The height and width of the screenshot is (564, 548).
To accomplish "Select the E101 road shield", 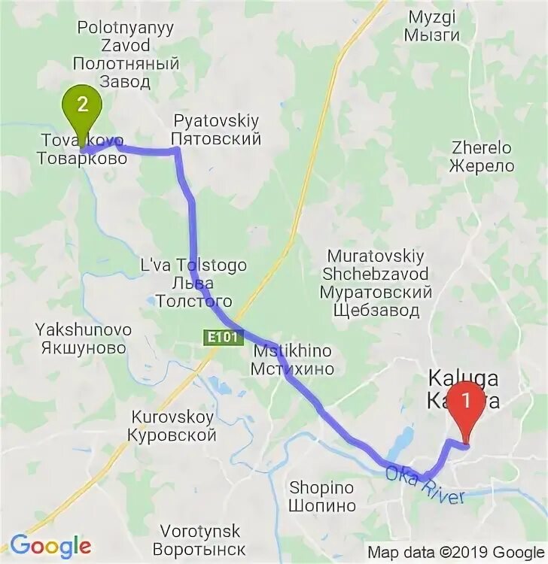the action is [x=224, y=338].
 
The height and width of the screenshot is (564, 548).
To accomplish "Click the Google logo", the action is [x=50, y=545].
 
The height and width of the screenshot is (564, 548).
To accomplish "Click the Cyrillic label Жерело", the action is [x=483, y=166].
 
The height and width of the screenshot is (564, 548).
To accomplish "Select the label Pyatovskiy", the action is [x=215, y=120].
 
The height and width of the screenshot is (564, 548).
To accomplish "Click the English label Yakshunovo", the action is [x=83, y=329].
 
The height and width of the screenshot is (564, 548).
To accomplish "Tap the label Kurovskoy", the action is [x=172, y=417].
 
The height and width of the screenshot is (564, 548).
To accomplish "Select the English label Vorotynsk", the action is [x=199, y=530].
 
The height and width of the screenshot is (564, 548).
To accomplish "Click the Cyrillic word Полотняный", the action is [x=126, y=64].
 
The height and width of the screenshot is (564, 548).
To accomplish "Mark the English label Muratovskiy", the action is [x=376, y=255].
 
